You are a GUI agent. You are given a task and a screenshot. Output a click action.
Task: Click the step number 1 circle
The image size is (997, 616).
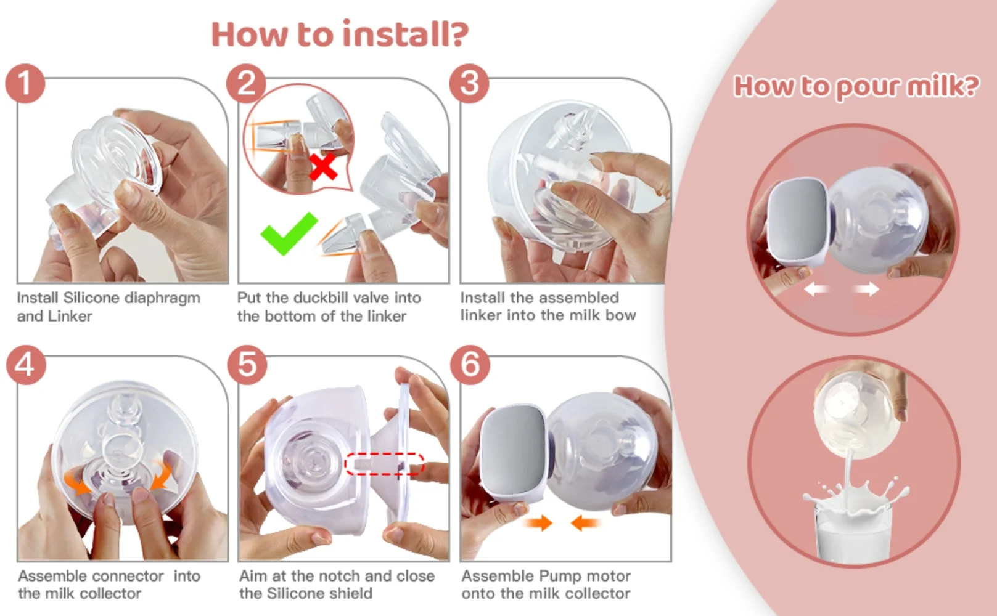point(25,84)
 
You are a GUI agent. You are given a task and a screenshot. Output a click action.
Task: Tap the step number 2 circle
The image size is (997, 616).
point(246,84)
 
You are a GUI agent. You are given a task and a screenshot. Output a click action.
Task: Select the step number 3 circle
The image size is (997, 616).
point(469,84)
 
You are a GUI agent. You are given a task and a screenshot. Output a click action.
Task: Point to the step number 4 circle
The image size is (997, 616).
point(26,365)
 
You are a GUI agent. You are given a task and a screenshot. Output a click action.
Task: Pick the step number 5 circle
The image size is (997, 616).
point(247,365)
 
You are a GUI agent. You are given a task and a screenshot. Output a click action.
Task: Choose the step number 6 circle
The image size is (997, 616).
point(470,365)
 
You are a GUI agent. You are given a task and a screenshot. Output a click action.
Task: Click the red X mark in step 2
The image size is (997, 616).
point(322,167)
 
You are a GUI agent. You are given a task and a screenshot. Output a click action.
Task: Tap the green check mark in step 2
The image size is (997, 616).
point(289,233)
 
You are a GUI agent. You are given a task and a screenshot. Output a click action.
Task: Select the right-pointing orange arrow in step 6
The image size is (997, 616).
point(539,522)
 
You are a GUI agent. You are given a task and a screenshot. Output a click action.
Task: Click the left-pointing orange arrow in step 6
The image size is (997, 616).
point(584,522)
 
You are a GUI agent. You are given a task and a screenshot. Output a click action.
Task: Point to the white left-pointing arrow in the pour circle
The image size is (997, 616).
point(815,289)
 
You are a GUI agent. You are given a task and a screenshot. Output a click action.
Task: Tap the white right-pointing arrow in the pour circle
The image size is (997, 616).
point(866,289)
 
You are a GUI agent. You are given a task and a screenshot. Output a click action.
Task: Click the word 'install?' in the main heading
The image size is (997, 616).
point(406,34)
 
